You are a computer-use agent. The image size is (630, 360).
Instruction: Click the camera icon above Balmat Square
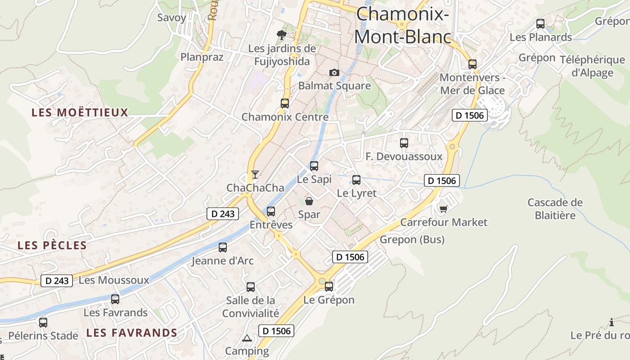[334, 72]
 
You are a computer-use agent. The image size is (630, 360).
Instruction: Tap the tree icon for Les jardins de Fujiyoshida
[282, 35]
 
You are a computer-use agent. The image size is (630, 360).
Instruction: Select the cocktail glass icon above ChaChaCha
[255, 174]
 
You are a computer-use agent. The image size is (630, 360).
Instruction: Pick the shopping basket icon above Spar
[309, 201]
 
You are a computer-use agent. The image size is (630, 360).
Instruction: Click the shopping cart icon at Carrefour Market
[444, 209]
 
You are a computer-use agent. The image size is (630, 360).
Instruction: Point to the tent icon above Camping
[247, 337]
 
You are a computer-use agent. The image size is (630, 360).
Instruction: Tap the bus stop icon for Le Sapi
[314, 166]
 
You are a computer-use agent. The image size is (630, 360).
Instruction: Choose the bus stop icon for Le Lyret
[356, 180]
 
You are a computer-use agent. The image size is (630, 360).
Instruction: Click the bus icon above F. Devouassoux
[404, 143]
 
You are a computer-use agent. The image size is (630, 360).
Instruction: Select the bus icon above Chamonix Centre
[285, 103]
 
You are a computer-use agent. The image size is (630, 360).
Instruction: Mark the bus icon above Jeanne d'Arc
[223, 247]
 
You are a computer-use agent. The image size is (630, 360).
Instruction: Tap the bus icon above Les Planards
[540, 24]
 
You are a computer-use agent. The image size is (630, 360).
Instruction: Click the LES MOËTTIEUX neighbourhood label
[80, 112]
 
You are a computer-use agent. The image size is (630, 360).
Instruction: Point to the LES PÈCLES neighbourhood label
[52, 245]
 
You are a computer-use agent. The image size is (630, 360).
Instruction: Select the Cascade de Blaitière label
[555, 209]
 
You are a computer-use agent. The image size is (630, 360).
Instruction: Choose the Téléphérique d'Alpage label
[592, 66]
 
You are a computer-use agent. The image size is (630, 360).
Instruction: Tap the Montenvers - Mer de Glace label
[472, 84]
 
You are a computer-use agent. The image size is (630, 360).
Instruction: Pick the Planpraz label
[202, 57]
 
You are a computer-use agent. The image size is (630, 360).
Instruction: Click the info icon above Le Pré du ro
[611, 322]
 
